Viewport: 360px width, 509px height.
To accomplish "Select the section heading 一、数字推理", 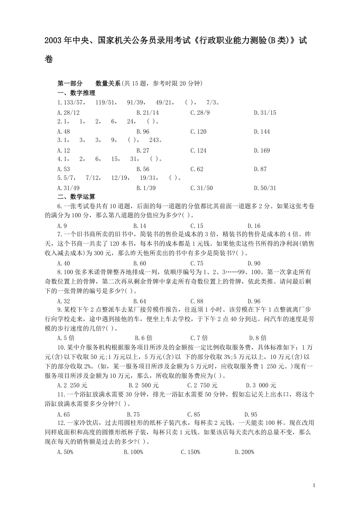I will click(76, 93).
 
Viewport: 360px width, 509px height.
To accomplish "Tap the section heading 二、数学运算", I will click(76, 197).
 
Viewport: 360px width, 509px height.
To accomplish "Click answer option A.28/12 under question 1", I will click(69, 112).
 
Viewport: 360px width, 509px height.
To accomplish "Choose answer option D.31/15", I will click(265, 112).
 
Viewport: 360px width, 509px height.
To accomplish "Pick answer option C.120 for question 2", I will click(198, 131).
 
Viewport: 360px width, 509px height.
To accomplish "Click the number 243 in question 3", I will click(154, 140).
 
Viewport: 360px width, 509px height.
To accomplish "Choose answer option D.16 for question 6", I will click(254, 226).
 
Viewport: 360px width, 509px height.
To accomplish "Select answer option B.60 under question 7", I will click(139, 263).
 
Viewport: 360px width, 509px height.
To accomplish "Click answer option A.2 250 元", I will click(72, 385).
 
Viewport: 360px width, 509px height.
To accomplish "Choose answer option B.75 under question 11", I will click(133, 414).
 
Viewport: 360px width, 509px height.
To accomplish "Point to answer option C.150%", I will click(190, 452).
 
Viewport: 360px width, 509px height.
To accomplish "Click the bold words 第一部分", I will click(70, 83).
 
